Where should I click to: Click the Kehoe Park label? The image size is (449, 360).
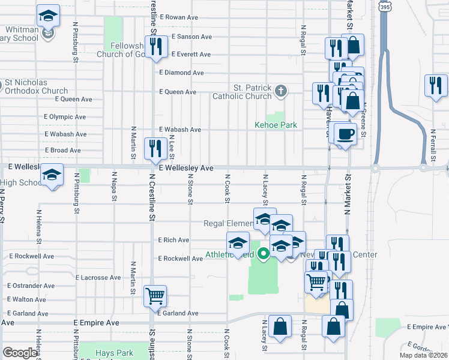276,125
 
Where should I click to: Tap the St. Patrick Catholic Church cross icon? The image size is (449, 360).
280,91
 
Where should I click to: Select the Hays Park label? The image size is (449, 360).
114,353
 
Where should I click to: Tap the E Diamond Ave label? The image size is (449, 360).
181,73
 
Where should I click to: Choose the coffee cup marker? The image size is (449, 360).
345,134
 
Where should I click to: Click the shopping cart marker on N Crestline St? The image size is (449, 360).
155,295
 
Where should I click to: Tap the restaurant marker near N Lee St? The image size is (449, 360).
155,148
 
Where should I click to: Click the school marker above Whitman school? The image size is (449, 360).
48,16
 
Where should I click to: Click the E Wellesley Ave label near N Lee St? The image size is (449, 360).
186,169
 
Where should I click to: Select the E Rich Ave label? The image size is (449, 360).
173,240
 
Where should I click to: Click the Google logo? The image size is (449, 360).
20,353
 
